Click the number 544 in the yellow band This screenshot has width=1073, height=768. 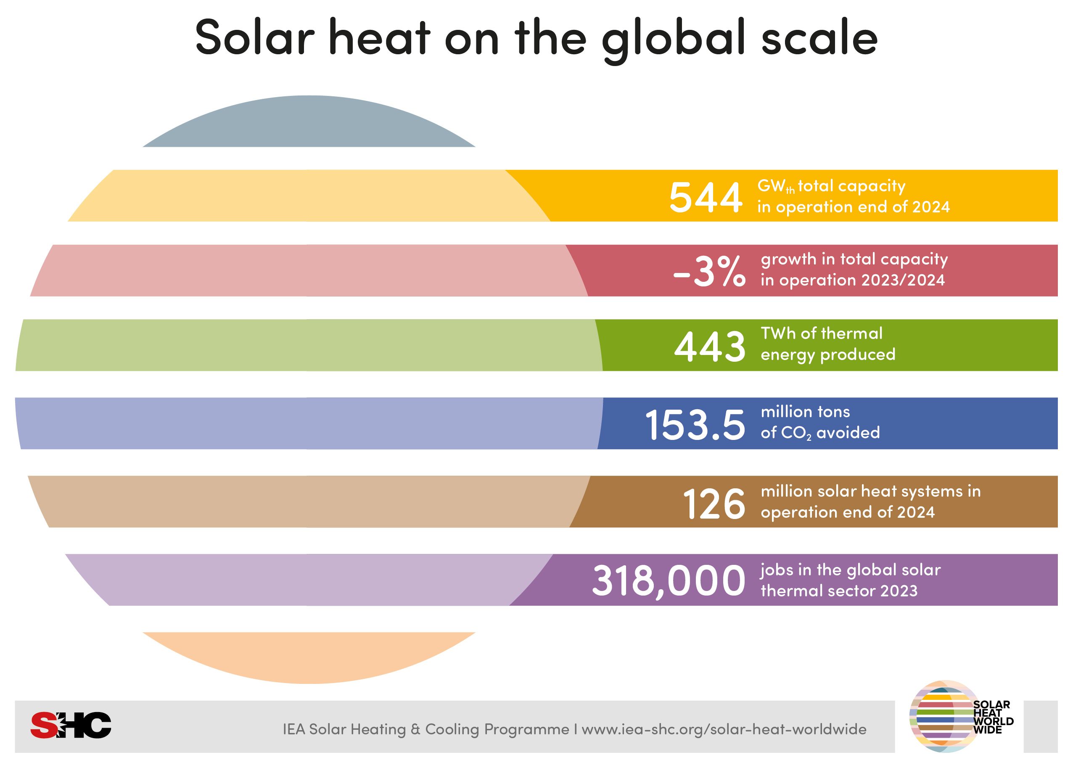pos(705,197)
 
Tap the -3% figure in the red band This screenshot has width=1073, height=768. pos(709,271)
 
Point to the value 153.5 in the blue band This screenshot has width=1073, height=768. pos(695,425)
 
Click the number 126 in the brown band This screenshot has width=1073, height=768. pos(714,504)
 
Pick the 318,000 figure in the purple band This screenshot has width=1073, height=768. pos(669,581)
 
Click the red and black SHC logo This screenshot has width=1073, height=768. pos(71,725)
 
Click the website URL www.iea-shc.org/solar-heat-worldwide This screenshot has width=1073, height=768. pos(724,729)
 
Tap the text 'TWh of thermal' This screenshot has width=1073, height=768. pos(821,334)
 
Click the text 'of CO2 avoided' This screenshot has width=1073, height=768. pos(820,433)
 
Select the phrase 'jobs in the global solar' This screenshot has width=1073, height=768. pos(850,570)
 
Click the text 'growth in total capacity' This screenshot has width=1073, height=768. pos(854,259)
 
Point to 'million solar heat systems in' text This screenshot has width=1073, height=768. pos(870,491)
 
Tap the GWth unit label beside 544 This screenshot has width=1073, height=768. pos(775,186)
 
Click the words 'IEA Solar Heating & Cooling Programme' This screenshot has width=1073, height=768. pos(425,729)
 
